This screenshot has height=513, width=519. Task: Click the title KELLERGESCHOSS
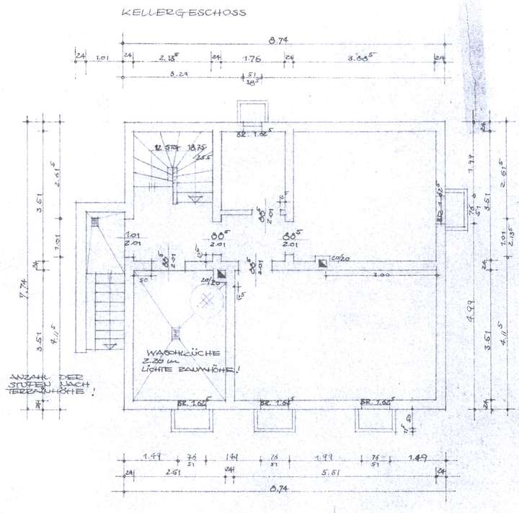point(184,13)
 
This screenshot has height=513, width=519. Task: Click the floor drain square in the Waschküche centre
point(176,333)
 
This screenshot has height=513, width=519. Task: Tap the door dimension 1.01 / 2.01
point(132,240)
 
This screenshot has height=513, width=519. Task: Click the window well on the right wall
point(455,209)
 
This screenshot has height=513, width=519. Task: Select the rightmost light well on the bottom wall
point(376,418)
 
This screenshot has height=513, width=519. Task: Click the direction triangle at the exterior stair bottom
point(109,347)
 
